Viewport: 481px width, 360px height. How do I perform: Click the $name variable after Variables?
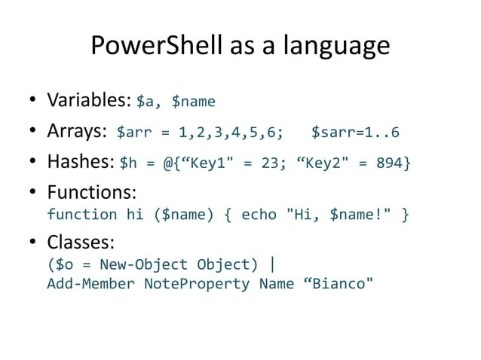194,101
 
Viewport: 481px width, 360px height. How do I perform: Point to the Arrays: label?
76,133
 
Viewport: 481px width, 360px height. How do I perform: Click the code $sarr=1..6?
355,133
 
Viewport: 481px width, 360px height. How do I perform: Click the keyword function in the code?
81,215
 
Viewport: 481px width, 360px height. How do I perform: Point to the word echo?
259,215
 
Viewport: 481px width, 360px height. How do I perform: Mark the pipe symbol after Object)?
272,264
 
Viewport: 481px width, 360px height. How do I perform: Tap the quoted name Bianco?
337,284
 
